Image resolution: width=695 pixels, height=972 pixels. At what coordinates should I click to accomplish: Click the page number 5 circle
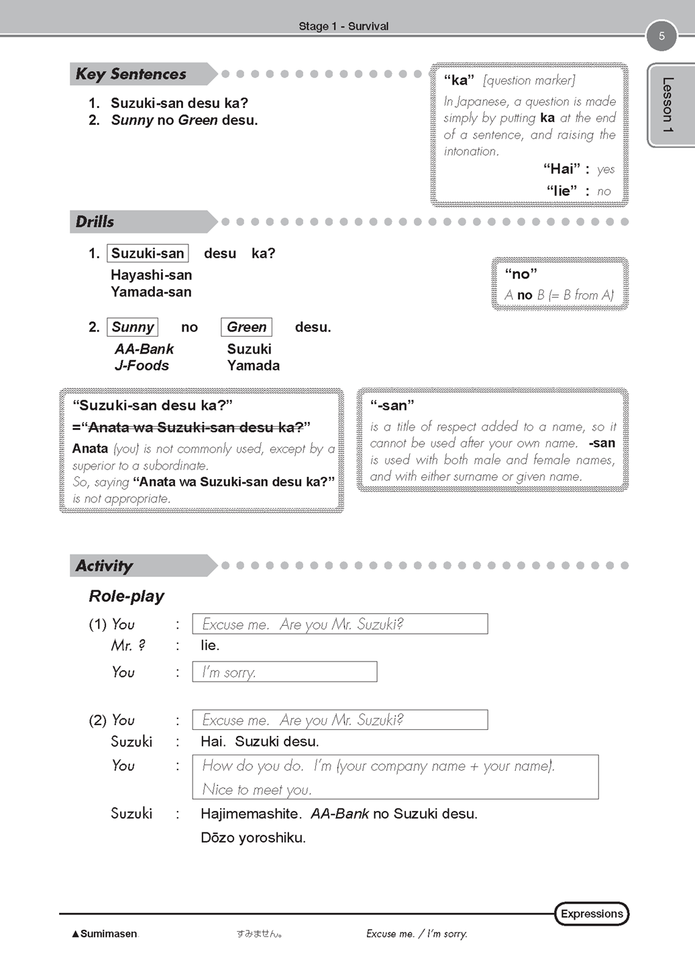pos(661,36)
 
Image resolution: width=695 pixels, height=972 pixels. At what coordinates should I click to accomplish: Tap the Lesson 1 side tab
pos(667,105)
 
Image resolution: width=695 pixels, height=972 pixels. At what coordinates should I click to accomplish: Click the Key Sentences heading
pos(131,74)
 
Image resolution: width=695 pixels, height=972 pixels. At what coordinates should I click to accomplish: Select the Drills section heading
pos(95,221)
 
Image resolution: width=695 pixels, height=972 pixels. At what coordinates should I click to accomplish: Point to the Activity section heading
pos(105,565)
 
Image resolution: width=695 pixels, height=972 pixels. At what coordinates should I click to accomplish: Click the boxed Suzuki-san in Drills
pos(148,253)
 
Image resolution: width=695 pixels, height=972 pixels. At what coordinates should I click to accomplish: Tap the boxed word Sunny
pos(133,327)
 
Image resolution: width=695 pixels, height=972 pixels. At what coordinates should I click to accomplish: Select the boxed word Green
pos(246,327)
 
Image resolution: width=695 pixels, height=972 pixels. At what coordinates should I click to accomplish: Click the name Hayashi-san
pos(151,275)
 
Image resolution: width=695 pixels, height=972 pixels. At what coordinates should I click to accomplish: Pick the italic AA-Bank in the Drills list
pos(144,349)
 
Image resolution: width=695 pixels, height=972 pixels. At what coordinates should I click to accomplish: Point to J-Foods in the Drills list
pos(142,366)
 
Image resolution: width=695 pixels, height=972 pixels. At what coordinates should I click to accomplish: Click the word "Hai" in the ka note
pos(561,169)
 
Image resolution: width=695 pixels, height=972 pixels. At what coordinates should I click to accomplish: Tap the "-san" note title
pos(392,405)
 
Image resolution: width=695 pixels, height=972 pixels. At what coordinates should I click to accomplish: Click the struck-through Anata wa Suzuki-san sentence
pos(195,427)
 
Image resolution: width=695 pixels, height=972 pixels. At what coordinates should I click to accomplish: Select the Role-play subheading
pos(126,596)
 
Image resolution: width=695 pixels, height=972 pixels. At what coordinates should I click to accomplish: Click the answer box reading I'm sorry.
pos(284,672)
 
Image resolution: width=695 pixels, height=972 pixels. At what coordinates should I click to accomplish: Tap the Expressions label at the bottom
pos(592,914)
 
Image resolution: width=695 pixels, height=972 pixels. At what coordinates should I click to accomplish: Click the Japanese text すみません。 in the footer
pos(259,934)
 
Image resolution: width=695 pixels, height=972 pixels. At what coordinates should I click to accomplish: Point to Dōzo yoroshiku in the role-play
pos(253,838)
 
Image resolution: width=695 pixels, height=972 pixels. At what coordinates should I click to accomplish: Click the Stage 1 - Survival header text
pos(343,26)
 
